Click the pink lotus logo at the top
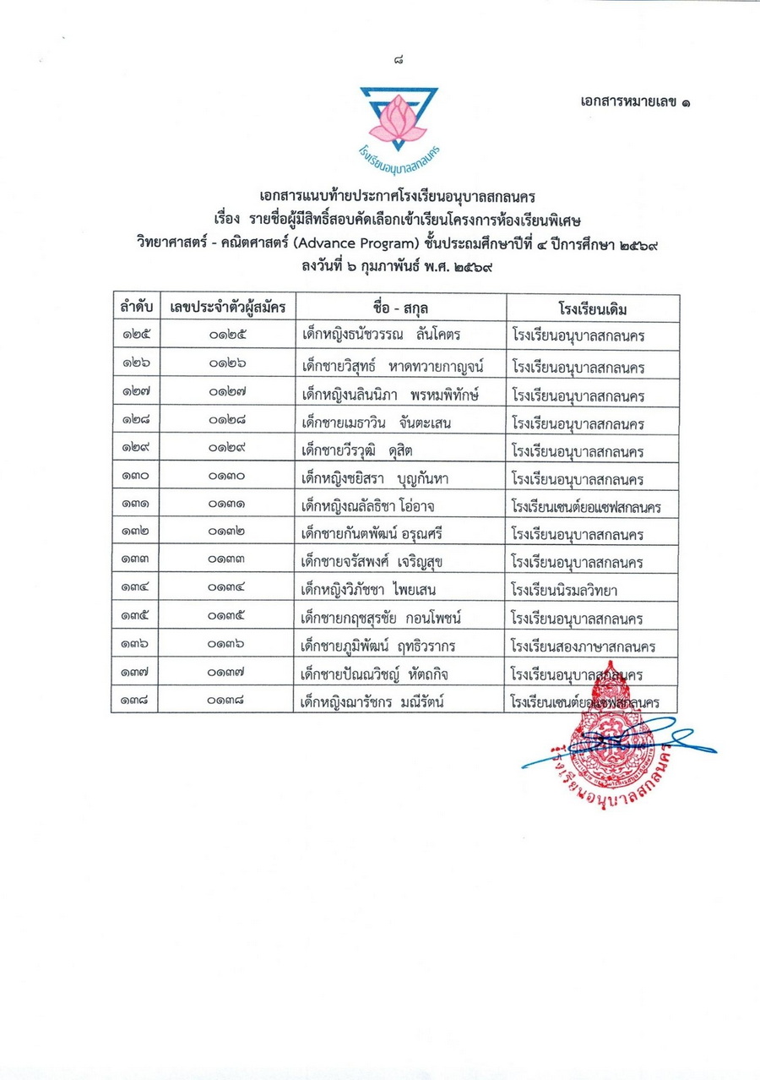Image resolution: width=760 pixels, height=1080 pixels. [397, 118]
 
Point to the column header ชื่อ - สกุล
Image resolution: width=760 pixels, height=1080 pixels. [399, 308]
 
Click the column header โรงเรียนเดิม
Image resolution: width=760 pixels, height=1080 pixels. [593, 308]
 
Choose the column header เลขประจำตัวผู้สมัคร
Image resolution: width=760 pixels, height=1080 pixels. [225, 308]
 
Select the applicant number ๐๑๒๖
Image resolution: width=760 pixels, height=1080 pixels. [225, 363]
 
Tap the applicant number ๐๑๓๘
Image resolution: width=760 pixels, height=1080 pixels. [225, 702]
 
